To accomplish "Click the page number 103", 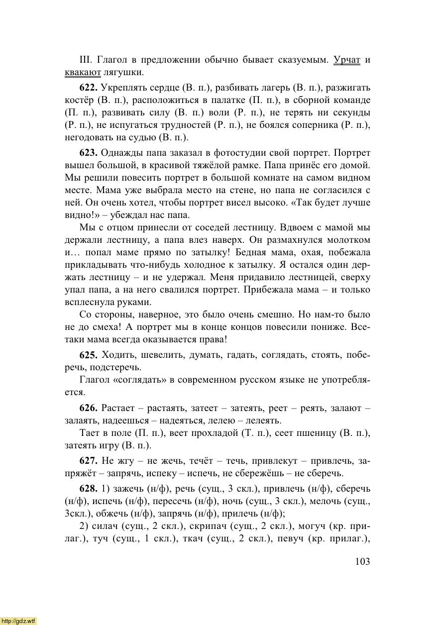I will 363,562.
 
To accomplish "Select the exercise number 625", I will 89,355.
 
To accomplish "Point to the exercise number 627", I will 89,461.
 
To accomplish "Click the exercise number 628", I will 89,489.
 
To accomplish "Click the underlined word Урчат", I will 347,60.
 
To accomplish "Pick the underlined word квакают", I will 83,73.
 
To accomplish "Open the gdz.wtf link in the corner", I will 18,621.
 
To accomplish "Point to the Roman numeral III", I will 86,60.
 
